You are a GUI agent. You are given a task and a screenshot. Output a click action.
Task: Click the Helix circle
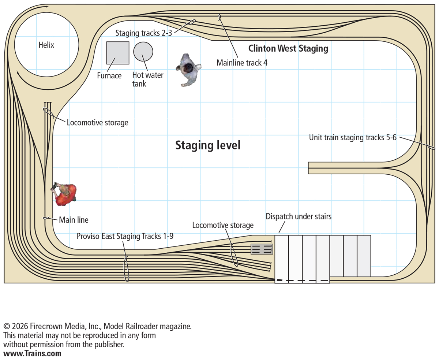click(46, 45)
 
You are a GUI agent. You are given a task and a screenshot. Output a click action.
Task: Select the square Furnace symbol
click(118, 53)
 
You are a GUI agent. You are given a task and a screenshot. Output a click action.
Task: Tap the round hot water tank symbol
click(143, 51)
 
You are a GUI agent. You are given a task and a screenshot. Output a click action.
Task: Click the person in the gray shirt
click(188, 69)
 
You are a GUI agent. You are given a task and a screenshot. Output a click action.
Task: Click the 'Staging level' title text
click(208, 145)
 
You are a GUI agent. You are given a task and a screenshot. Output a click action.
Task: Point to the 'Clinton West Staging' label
click(288, 48)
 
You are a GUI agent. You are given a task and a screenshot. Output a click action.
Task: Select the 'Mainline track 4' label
click(242, 63)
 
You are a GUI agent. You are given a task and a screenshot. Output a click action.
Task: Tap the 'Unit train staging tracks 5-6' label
click(353, 138)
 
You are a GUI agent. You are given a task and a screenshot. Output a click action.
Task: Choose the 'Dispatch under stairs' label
click(299, 216)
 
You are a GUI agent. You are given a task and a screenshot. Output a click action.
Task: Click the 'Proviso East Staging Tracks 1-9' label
click(125, 236)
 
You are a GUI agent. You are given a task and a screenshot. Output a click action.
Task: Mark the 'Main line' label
click(74, 220)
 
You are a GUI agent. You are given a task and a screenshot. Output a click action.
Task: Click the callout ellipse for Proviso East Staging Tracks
click(127, 269)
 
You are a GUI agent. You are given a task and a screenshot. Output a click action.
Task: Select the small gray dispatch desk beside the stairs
click(262, 249)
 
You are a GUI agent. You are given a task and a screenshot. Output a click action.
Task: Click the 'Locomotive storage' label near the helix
click(97, 123)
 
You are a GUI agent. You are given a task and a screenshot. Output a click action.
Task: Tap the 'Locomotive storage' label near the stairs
click(223, 225)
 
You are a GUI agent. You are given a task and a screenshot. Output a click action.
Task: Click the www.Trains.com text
click(32, 354)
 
